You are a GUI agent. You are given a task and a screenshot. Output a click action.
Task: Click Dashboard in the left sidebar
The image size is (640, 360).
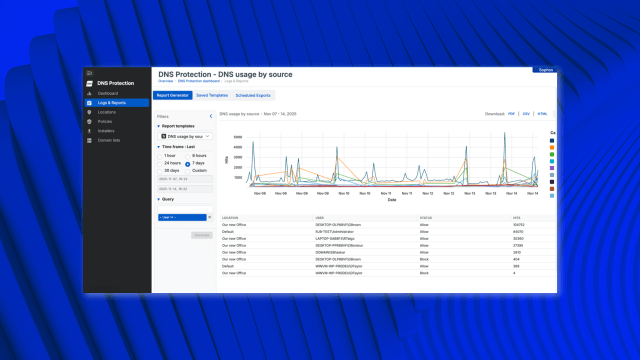coord(108,93)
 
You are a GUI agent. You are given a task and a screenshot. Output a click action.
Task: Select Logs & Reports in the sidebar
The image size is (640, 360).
coord(111,103)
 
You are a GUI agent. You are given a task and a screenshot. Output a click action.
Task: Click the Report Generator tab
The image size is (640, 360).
coord(171,95)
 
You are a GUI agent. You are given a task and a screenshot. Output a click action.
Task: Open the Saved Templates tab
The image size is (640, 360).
coord(211,95)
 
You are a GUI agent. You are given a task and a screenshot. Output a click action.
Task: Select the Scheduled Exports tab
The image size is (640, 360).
coord(253,95)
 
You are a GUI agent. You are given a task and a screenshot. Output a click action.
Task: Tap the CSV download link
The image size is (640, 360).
coord(527,114)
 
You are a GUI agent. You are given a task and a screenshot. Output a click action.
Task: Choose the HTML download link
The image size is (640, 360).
coord(542,114)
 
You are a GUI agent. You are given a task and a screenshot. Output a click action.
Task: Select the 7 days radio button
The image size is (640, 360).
coord(188,163)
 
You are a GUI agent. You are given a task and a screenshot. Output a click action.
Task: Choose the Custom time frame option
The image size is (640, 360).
coord(199,170)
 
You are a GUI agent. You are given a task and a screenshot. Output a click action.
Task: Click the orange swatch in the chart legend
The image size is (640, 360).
coord(553,148)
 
